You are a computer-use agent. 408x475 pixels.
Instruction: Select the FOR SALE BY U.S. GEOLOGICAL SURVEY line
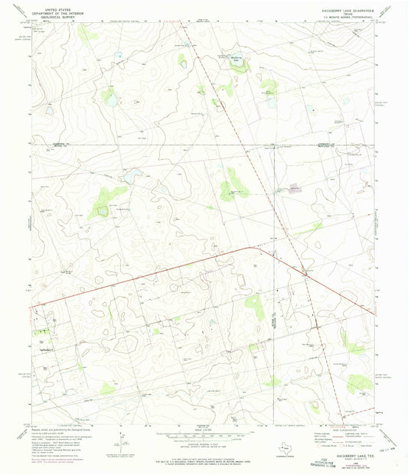pyautogui.click(x=204, y=461)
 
